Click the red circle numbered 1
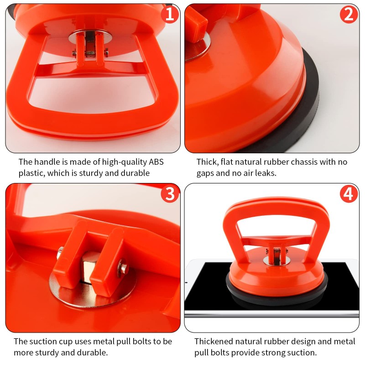170,15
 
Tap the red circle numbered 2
349,15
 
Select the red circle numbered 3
170,193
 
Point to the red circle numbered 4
349,193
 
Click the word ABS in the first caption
156,162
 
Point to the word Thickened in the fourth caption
214,341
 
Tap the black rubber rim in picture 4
276,296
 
